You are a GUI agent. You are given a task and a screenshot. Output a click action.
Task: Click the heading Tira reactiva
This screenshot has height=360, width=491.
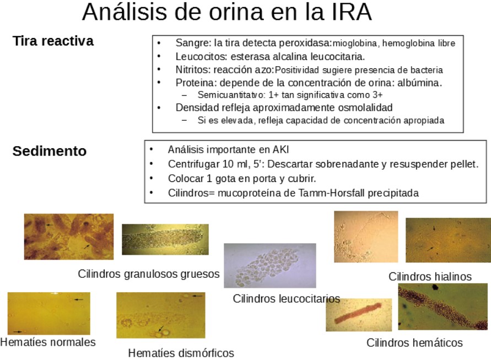[x=53, y=41]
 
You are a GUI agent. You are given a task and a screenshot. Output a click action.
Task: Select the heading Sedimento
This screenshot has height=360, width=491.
[x=50, y=151]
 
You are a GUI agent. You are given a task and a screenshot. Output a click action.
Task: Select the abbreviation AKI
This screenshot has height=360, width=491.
[x=280, y=149]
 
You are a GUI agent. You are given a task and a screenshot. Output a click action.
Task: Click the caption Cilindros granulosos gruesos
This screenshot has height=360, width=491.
[x=149, y=274]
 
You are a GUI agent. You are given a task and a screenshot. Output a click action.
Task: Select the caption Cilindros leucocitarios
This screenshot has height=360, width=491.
[x=286, y=299]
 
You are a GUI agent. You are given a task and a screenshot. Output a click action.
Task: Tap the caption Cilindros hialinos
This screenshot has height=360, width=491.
[x=430, y=277]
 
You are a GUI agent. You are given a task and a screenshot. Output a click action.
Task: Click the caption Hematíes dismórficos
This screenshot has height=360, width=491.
[x=181, y=353]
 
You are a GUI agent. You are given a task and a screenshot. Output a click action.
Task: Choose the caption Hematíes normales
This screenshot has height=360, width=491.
[x=48, y=342]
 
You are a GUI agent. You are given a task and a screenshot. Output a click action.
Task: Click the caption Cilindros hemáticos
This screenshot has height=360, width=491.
[x=414, y=343]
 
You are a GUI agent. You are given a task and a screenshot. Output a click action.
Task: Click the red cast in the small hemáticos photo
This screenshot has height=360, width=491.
[x=359, y=314]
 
